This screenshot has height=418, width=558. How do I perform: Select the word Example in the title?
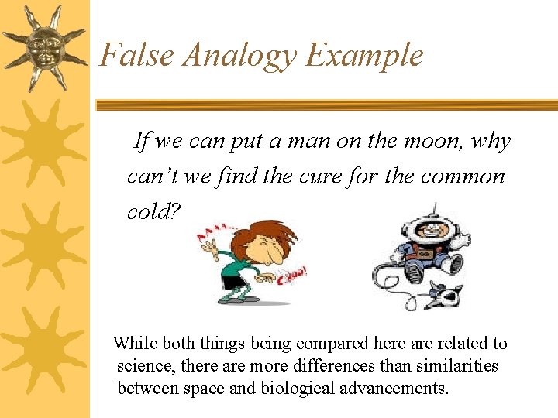pos(364,56)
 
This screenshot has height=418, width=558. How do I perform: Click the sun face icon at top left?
pos(43,48)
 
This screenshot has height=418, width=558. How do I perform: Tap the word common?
pos(463,176)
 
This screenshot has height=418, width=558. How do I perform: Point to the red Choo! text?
pos(294,274)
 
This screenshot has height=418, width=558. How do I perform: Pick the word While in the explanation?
pos(134,344)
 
